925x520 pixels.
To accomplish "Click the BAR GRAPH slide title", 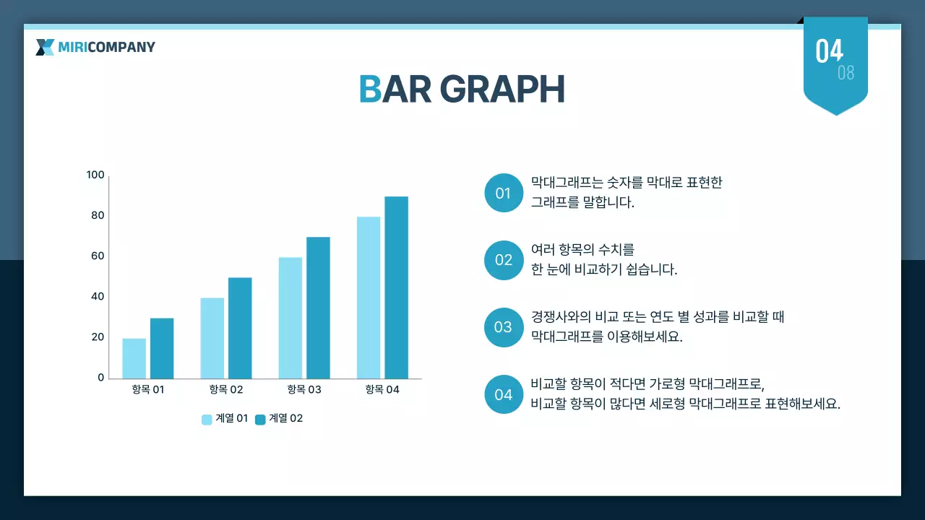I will pyautogui.click(x=461, y=90).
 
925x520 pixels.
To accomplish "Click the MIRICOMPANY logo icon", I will pyautogui.click(x=45, y=48).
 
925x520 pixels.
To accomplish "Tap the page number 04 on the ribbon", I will pyautogui.click(x=829, y=51).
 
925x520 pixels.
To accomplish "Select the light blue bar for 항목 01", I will pyautogui.click(x=134, y=358).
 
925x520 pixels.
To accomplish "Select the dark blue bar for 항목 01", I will pyautogui.click(x=162, y=348).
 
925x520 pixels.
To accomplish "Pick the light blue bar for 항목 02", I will pyautogui.click(x=212, y=338).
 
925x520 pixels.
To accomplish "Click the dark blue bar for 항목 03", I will pyautogui.click(x=318, y=308).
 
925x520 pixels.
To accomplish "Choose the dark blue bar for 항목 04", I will pyautogui.click(x=396, y=287).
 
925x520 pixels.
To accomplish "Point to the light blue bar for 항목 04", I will pyautogui.click(x=369, y=298).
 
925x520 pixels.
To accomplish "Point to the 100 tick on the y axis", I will pyautogui.click(x=95, y=175).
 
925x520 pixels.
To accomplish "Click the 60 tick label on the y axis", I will pyautogui.click(x=97, y=256).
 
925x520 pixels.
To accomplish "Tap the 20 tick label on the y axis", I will pyautogui.click(x=97, y=337).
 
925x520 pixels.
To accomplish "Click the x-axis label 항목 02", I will pyautogui.click(x=225, y=390).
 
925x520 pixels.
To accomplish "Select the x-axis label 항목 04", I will pyautogui.click(x=382, y=390).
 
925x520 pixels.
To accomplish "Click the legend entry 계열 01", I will pyautogui.click(x=225, y=419).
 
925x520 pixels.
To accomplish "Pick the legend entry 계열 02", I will pyautogui.click(x=279, y=419).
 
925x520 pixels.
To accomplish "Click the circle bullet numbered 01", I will pyautogui.click(x=503, y=193).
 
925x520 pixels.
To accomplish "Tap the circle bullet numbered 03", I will pyautogui.click(x=503, y=327).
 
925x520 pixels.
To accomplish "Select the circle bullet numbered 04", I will pyautogui.click(x=503, y=394).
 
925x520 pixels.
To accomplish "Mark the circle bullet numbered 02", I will pyautogui.click(x=503, y=260).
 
